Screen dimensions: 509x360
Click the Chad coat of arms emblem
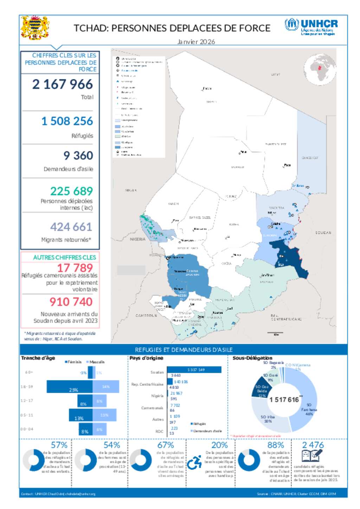(34, 27)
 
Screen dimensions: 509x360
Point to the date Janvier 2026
(196, 42)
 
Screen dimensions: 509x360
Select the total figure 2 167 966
(63, 84)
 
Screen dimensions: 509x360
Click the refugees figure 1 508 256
(67, 121)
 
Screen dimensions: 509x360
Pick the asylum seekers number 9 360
(78, 156)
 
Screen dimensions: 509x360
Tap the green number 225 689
(71, 191)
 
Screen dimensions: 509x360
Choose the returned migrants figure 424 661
(71, 227)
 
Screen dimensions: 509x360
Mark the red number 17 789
(75, 268)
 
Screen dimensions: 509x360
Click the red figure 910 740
(71, 302)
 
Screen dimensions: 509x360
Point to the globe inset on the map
(320, 70)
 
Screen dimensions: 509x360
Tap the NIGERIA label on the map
(137, 239)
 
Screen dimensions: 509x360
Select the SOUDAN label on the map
(323, 233)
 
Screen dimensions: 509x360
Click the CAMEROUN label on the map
(146, 315)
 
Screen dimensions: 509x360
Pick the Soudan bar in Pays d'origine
(194, 370)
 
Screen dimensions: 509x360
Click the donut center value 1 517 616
(284, 400)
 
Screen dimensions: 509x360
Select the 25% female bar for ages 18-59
(70, 387)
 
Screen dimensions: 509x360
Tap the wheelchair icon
(194, 463)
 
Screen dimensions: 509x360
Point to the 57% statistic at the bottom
(59, 445)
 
